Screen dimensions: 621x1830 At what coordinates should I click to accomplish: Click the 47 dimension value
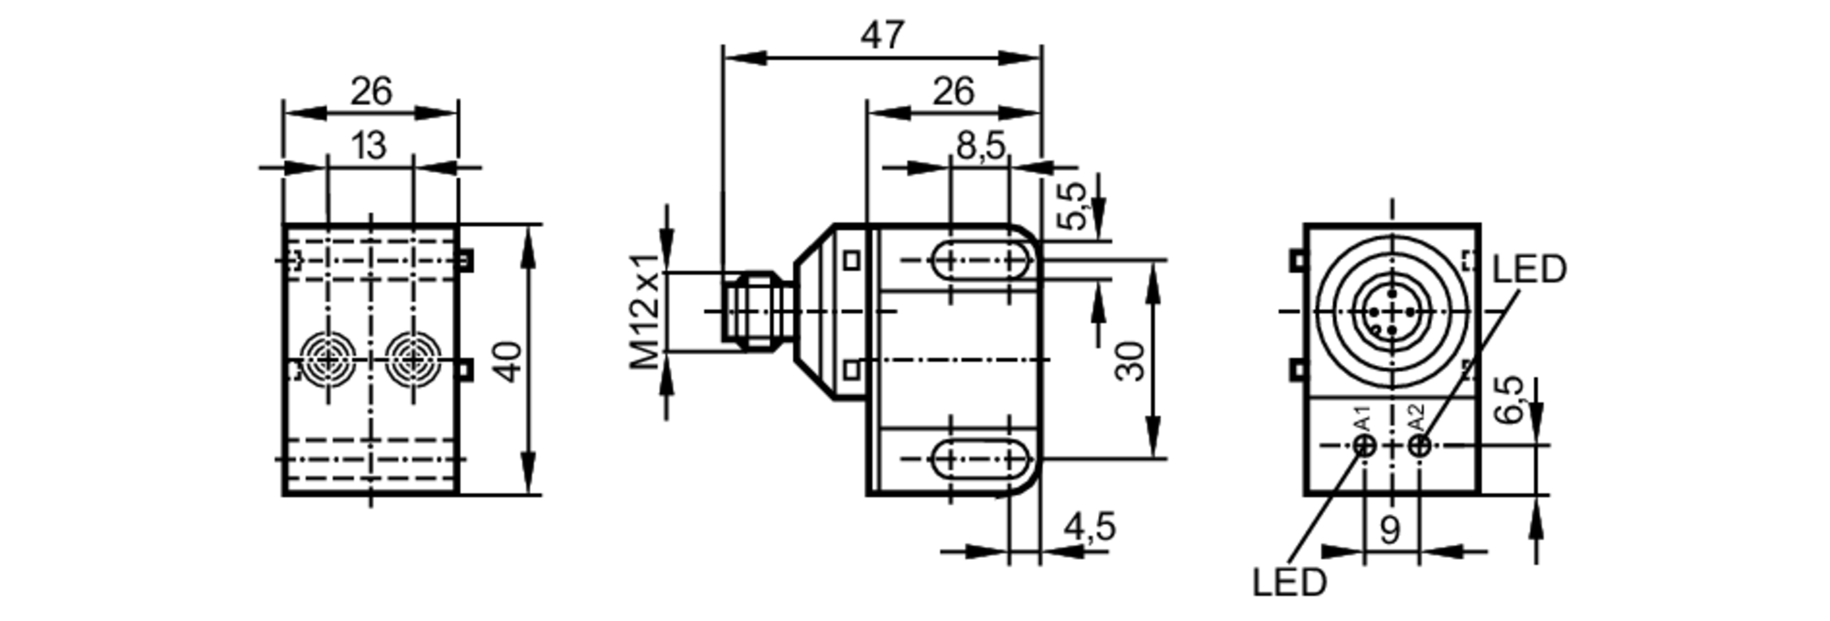click(882, 36)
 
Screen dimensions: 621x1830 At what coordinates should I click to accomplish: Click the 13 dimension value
click(369, 145)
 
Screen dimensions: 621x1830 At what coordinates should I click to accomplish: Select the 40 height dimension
click(509, 360)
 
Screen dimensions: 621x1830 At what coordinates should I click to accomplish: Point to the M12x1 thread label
click(647, 312)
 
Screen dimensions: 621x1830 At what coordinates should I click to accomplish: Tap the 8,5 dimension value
click(980, 145)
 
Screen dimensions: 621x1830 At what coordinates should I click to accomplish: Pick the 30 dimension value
click(1131, 360)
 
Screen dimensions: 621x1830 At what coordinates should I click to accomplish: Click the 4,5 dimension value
click(1090, 528)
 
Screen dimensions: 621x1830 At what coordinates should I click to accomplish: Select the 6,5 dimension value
click(1510, 400)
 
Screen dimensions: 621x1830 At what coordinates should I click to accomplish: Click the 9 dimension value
click(1390, 530)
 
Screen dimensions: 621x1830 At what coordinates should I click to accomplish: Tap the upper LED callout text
click(1529, 270)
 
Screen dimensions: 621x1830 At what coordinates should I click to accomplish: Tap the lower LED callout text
click(1289, 583)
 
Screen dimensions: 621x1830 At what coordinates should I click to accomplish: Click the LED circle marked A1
click(1364, 445)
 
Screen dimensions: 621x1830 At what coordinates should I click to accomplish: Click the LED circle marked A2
click(1419, 445)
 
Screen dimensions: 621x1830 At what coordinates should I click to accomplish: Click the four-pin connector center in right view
click(1392, 312)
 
